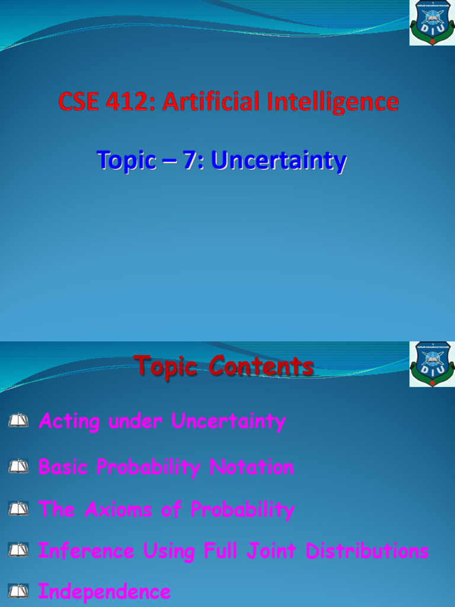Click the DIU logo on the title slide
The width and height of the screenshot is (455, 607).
click(431, 23)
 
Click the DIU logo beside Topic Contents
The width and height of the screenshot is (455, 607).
click(431, 364)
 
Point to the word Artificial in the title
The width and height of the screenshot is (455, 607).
click(210, 102)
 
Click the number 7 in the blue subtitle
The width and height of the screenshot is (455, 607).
click(190, 160)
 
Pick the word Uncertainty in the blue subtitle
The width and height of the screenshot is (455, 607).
click(278, 161)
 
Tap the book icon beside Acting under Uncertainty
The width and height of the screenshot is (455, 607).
click(19, 421)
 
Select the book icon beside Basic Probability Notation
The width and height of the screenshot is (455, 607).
click(19, 467)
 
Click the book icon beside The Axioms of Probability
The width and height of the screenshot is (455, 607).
click(19, 509)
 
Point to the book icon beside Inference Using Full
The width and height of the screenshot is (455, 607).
click(19, 551)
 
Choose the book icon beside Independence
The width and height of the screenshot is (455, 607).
click(19, 591)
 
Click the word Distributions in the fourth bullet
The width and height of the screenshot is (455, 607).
click(367, 551)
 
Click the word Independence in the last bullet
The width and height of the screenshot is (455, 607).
click(104, 592)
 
